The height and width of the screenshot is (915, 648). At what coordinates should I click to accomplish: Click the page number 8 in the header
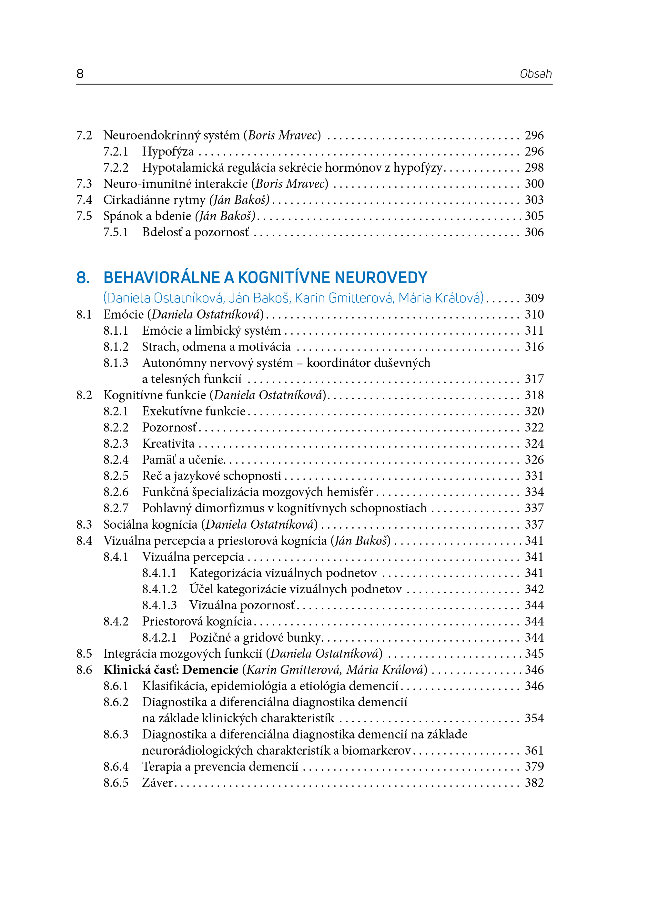80,74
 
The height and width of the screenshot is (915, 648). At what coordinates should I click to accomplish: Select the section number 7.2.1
116,152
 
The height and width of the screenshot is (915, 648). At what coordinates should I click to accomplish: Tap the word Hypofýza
168,152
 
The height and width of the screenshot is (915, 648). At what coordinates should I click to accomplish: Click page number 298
534,168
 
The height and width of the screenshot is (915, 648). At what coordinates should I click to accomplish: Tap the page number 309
534,298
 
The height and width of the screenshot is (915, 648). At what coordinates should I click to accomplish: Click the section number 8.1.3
116,363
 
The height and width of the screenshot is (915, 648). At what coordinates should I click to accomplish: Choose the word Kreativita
168,444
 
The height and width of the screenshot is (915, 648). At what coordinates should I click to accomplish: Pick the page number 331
534,476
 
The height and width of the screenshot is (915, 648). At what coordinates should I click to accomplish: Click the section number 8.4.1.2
159,589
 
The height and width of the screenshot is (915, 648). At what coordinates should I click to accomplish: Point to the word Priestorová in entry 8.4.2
172,621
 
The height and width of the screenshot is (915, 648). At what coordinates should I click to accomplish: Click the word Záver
157,783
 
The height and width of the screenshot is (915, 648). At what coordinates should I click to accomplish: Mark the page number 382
534,783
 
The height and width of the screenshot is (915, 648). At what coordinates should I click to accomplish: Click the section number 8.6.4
116,767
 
